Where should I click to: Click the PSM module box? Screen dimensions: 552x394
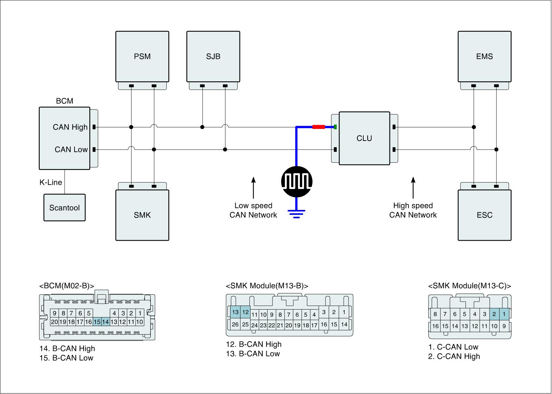coord(142,57)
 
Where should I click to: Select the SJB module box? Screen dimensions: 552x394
coord(213,57)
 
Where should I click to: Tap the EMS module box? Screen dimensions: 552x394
coord(484,57)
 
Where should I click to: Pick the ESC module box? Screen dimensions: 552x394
coord(484,215)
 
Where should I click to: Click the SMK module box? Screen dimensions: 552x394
coord(142,215)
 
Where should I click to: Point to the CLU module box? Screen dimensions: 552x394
coord(364,138)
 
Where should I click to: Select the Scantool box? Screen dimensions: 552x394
coord(65,208)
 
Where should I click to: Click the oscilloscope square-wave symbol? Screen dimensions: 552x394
coord(297,182)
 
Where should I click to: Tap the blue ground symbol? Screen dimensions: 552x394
coord(296,214)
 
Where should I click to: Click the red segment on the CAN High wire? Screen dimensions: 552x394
coord(319,127)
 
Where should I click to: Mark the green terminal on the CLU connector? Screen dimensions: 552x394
coord(335,127)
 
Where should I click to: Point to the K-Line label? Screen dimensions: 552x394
coord(51,182)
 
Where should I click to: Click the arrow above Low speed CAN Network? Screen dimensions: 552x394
coord(253,188)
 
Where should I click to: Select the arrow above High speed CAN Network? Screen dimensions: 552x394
coord(413,188)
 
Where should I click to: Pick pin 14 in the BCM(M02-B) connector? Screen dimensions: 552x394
coord(106,322)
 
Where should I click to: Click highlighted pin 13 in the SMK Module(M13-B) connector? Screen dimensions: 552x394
coord(235,312)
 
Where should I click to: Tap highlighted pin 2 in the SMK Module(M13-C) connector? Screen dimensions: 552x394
coord(494,314)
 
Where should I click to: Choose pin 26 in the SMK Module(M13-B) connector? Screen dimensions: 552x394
coord(235,324)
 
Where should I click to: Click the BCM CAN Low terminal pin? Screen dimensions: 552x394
coord(94,150)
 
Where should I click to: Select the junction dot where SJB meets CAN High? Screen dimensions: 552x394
coord(202,127)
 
